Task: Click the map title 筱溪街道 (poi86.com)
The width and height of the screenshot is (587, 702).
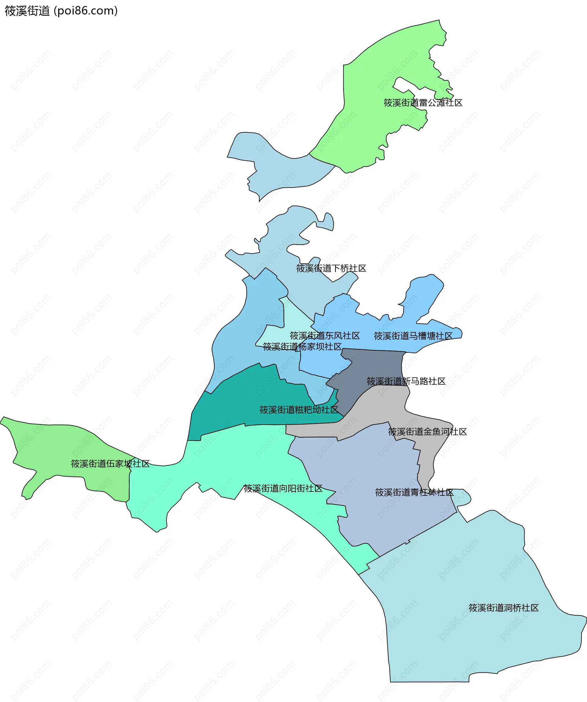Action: click(61, 11)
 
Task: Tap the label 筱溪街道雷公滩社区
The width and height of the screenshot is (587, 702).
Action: click(423, 103)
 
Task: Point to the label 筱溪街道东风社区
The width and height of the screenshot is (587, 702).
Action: click(325, 336)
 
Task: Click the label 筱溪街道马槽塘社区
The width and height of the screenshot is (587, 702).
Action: click(413, 336)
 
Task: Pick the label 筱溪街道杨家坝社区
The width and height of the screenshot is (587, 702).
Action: click(302, 347)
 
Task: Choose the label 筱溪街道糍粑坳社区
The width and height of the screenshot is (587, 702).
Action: click(299, 410)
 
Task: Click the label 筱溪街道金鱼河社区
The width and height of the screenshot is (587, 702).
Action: click(427, 432)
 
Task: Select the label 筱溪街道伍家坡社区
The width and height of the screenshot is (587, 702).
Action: click(110, 464)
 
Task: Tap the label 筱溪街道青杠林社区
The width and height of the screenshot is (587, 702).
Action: click(414, 492)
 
